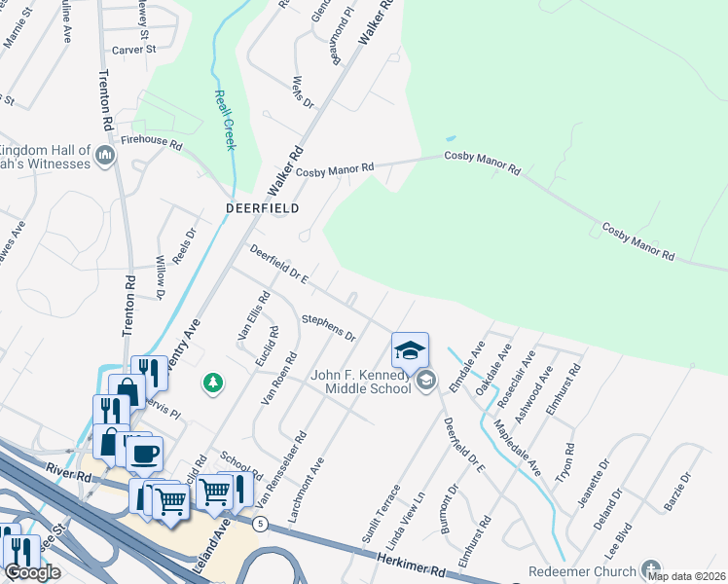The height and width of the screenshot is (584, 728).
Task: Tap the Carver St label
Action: click(x=133, y=49)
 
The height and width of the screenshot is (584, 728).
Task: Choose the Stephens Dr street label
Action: click(x=328, y=327)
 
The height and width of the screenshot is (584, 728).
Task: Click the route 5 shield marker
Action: click(x=259, y=524)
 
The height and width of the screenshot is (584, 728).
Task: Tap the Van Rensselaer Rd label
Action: click(x=283, y=470)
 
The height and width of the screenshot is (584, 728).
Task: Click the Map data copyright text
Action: click(x=686, y=576)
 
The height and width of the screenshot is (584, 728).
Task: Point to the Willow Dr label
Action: click(x=162, y=277)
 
